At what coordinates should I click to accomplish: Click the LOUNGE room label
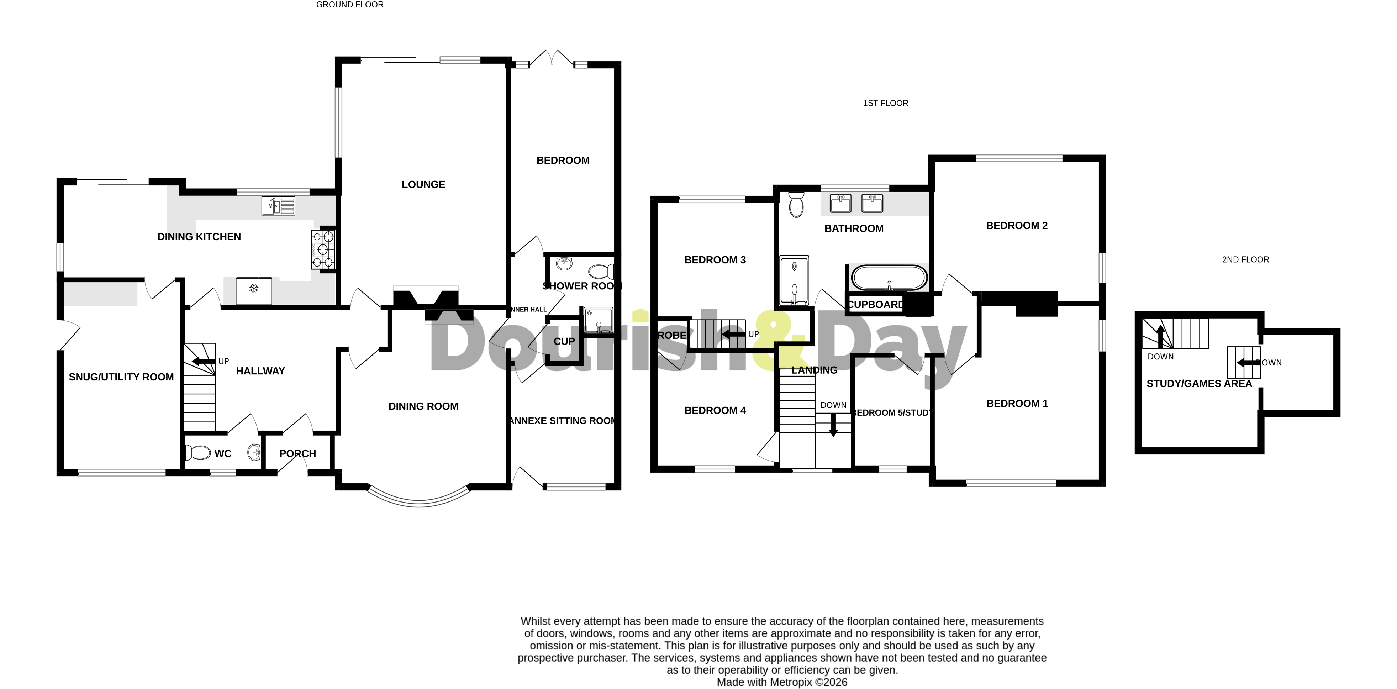[x=423, y=184]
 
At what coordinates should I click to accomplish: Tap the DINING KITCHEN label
[x=199, y=237]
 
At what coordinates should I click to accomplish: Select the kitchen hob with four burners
[x=323, y=249]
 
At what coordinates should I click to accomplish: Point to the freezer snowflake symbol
[x=253, y=288]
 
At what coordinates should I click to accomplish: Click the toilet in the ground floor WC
[x=197, y=452]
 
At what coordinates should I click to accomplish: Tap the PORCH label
[x=297, y=453]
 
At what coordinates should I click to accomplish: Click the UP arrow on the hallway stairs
[x=204, y=361]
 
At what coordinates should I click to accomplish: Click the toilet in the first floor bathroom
[x=796, y=204]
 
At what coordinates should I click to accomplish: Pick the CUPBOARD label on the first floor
[x=875, y=304]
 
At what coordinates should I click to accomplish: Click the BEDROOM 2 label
[x=1016, y=225]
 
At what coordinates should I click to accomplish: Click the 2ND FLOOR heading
[x=1245, y=259]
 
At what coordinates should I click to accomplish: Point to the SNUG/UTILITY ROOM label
[x=121, y=377]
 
